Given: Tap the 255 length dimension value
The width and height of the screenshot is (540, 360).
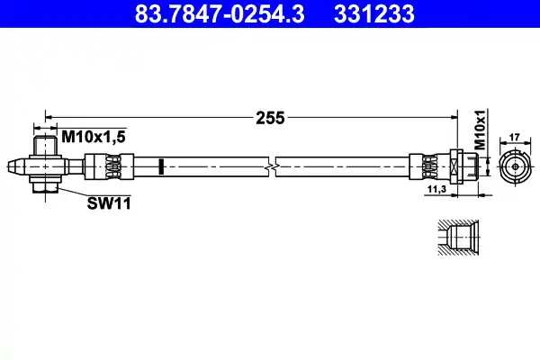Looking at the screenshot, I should point(270,117).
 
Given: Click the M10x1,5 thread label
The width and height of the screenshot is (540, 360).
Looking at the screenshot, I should point(93,136).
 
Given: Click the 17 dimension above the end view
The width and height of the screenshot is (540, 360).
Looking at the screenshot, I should point(516,137).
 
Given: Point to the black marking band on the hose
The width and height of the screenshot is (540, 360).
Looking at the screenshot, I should point(159,166).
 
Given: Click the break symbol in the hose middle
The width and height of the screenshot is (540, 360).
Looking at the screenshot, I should point(270,166).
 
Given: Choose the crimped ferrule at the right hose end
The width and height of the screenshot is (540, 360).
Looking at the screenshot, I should point(426,166).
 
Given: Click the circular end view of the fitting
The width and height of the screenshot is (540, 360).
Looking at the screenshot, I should point(515,166).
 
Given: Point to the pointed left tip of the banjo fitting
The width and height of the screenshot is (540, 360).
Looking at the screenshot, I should point(11,166).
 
